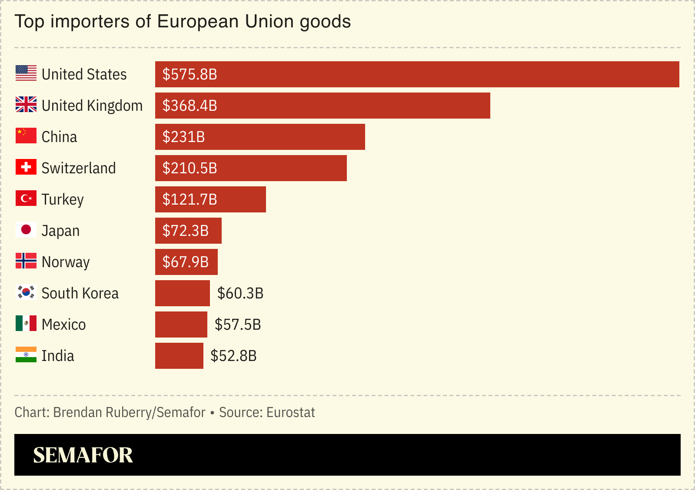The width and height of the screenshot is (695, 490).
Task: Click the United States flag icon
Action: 26,73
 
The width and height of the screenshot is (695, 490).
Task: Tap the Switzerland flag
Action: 26,167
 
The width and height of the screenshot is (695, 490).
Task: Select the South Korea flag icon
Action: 26,292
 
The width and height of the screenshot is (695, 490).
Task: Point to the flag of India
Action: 26,354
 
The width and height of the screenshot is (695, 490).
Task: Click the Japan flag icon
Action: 26,229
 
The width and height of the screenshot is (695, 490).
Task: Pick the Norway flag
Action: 26,261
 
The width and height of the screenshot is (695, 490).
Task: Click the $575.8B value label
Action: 190,74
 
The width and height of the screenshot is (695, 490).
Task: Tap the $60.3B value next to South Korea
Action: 240,293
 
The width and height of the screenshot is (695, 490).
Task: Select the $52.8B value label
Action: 233,356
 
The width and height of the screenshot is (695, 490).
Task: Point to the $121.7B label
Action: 190,199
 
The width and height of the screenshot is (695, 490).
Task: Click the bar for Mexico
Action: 181,324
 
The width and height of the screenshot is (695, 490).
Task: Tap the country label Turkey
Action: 63,199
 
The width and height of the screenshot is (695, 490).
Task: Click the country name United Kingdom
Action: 92,106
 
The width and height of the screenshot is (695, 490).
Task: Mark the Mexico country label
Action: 64,324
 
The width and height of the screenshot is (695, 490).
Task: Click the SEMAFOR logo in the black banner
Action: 83,455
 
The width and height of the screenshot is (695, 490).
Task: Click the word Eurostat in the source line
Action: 290,412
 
